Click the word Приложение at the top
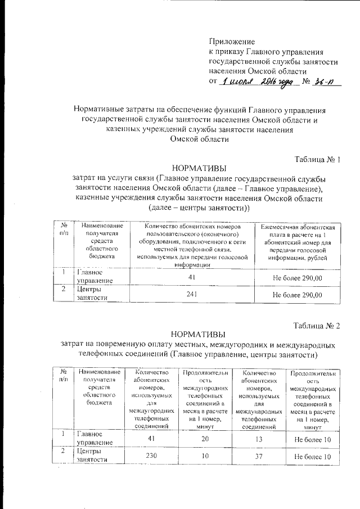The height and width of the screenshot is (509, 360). (x=232, y=42)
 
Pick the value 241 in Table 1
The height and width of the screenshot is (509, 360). (x=191, y=294)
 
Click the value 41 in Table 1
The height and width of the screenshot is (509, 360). (x=191, y=277)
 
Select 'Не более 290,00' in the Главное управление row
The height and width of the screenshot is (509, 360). (x=297, y=278)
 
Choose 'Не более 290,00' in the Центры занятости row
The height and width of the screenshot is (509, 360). (x=297, y=294)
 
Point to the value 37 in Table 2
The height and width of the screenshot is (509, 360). (x=259, y=455)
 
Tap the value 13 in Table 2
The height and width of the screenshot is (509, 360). (x=259, y=438)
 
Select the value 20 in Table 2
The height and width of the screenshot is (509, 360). (x=204, y=438)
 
